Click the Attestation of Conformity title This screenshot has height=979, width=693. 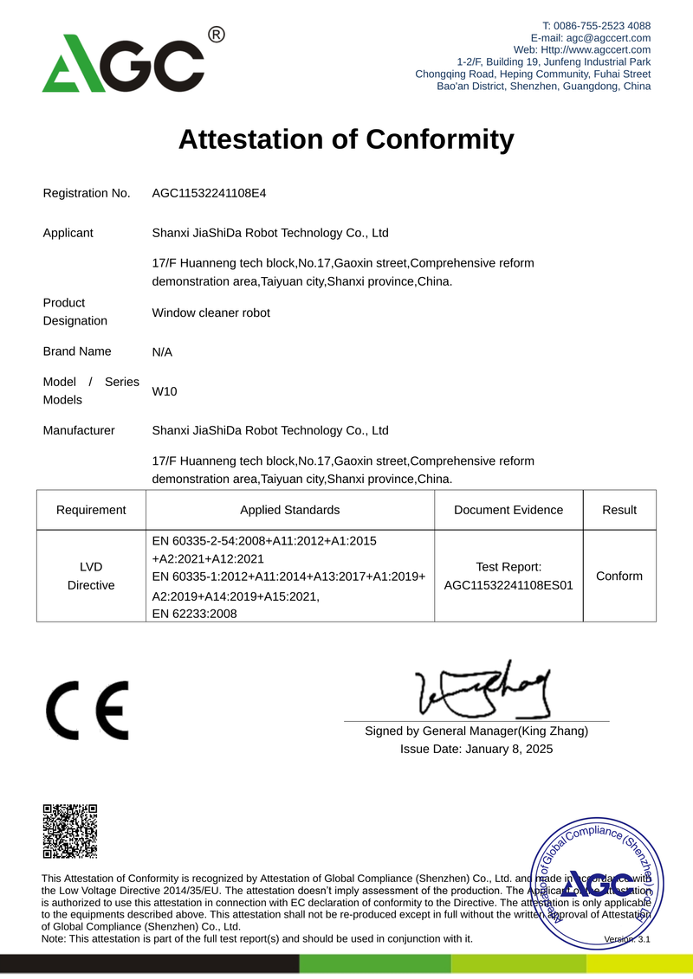[x=346, y=139]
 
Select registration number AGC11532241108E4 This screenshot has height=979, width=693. [x=209, y=193]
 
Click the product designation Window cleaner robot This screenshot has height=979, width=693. [x=210, y=312]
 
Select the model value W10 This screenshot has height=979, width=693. [x=165, y=391]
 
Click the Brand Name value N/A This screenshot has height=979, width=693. [x=162, y=352]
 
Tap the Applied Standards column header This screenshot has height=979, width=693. [x=289, y=510]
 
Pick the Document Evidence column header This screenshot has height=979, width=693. [x=508, y=510]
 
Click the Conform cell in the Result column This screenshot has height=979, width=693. [x=619, y=576]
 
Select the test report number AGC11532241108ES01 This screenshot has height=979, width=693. [x=508, y=585]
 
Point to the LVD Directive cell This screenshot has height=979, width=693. [x=91, y=576]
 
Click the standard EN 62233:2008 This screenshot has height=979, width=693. [x=195, y=614]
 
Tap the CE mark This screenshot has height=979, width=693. [x=87, y=710]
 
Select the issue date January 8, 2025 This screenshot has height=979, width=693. [x=508, y=749]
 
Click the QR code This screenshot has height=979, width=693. [x=69, y=831]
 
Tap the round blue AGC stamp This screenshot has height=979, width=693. [x=597, y=885]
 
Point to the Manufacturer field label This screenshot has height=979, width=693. [x=79, y=430]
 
